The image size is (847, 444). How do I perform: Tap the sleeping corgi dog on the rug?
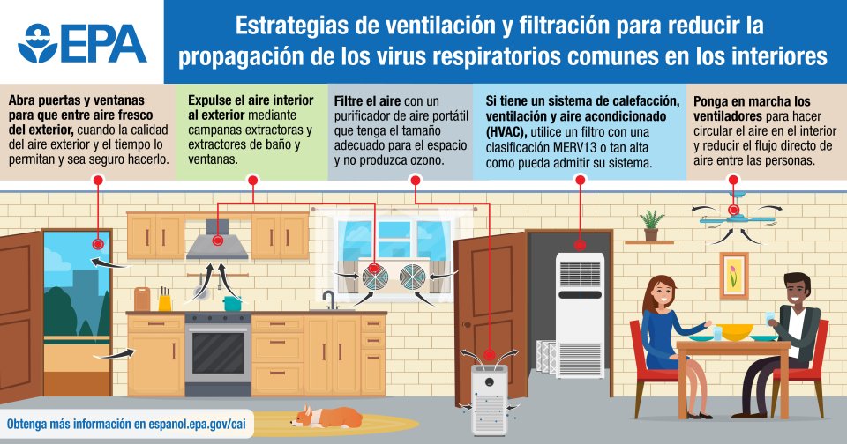(x=326, y=415)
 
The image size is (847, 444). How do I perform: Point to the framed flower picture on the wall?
(x=733, y=274)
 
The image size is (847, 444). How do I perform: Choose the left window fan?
(x=373, y=277)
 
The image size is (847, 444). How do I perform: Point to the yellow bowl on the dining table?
(x=738, y=331)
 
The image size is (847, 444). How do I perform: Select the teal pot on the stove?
(x=232, y=302)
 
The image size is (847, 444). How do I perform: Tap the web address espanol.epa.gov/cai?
(x=185, y=424)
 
